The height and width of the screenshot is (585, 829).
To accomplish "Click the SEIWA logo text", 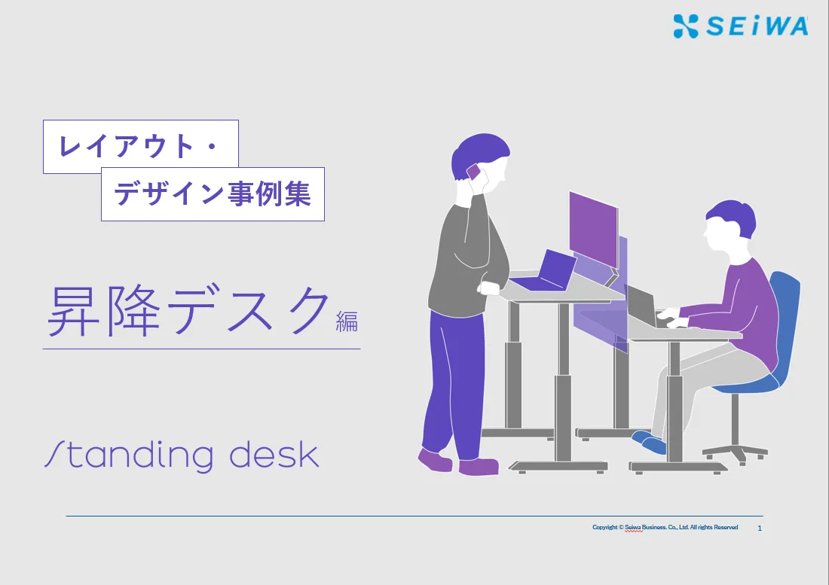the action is [x=757, y=26].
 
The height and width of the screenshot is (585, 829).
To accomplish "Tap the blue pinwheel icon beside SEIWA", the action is [x=686, y=26].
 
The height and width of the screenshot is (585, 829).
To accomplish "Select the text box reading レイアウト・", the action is [x=141, y=146].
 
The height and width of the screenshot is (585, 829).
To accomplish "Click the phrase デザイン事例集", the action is [x=213, y=193].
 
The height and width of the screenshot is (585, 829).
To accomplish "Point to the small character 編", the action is [x=347, y=321].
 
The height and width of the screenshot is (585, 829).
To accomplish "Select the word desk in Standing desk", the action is [x=274, y=455].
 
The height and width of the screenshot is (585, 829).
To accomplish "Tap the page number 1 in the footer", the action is [x=760, y=528].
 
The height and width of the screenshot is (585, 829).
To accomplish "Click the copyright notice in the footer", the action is [x=665, y=528].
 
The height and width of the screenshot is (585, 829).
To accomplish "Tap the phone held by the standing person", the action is [x=474, y=172].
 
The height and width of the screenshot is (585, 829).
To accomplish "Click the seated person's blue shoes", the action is [x=649, y=443].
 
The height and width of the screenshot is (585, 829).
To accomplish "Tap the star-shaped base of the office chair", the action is [x=736, y=452].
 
